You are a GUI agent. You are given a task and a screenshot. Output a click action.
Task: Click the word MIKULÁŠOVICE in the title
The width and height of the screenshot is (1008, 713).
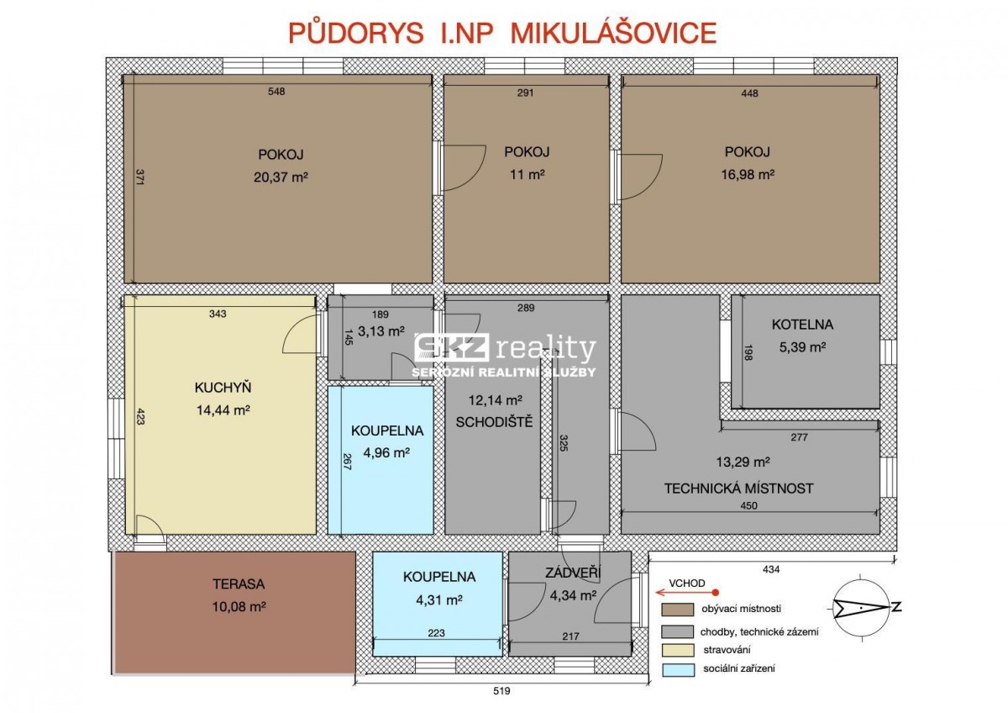[x=614, y=33]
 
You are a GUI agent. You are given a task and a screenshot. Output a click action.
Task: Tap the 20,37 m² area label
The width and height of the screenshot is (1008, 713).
[x=281, y=177]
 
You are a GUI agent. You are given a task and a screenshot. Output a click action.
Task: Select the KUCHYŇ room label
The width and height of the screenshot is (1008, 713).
[x=223, y=387]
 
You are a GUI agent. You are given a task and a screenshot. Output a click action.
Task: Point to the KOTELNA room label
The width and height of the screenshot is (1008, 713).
[x=803, y=325]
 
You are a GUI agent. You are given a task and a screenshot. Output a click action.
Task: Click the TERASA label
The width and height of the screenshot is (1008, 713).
[x=239, y=584]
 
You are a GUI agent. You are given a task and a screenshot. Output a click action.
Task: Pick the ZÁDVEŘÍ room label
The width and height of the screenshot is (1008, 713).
[x=573, y=572]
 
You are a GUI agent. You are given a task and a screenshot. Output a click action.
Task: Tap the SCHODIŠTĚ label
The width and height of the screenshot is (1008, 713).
[x=494, y=421]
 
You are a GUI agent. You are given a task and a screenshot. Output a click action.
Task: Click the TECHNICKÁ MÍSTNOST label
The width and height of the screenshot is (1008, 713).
[x=739, y=489]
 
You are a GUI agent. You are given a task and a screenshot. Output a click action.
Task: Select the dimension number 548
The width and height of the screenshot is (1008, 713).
[x=276, y=92]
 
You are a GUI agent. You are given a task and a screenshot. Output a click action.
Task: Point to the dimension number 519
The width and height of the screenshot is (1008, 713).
[x=501, y=691]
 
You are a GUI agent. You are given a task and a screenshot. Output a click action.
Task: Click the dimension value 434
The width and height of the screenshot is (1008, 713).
[x=771, y=570]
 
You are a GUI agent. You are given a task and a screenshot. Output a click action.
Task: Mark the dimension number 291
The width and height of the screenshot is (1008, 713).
[x=525, y=92]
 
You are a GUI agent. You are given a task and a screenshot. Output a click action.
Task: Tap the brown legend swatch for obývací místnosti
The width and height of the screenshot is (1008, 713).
[x=677, y=610]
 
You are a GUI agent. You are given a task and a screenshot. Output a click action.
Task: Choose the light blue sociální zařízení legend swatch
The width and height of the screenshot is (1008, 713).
[x=677, y=669]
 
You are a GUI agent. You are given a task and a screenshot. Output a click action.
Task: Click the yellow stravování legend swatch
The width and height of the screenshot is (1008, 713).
[x=677, y=650]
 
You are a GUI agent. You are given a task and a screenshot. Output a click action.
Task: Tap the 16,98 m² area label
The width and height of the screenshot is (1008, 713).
[x=748, y=174]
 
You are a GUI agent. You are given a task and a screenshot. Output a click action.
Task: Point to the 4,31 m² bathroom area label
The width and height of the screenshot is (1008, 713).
[x=439, y=600]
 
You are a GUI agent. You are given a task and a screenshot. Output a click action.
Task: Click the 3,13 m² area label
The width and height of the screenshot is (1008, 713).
[x=381, y=331]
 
